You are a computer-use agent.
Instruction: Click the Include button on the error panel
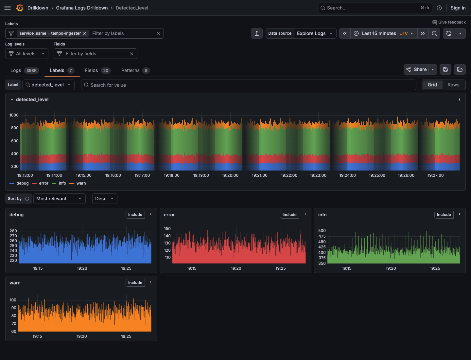(289, 215)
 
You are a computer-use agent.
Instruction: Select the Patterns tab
(135, 70)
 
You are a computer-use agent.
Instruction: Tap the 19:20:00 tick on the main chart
(230, 175)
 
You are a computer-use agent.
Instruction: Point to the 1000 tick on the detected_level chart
(14, 115)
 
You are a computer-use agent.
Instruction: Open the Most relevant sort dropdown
(59, 199)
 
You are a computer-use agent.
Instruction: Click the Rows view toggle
(453, 85)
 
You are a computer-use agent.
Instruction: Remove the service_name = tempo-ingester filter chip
(85, 33)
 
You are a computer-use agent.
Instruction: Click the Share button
(416, 69)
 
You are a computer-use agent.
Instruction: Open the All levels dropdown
(27, 54)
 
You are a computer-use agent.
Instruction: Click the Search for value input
(249, 85)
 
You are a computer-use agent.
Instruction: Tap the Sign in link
(458, 8)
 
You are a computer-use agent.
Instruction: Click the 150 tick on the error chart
(167, 229)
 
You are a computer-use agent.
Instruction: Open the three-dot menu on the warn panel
(151, 283)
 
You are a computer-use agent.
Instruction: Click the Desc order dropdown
(104, 199)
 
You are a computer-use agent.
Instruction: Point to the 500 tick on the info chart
(322, 231)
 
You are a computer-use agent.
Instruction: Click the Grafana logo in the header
(20, 8)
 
